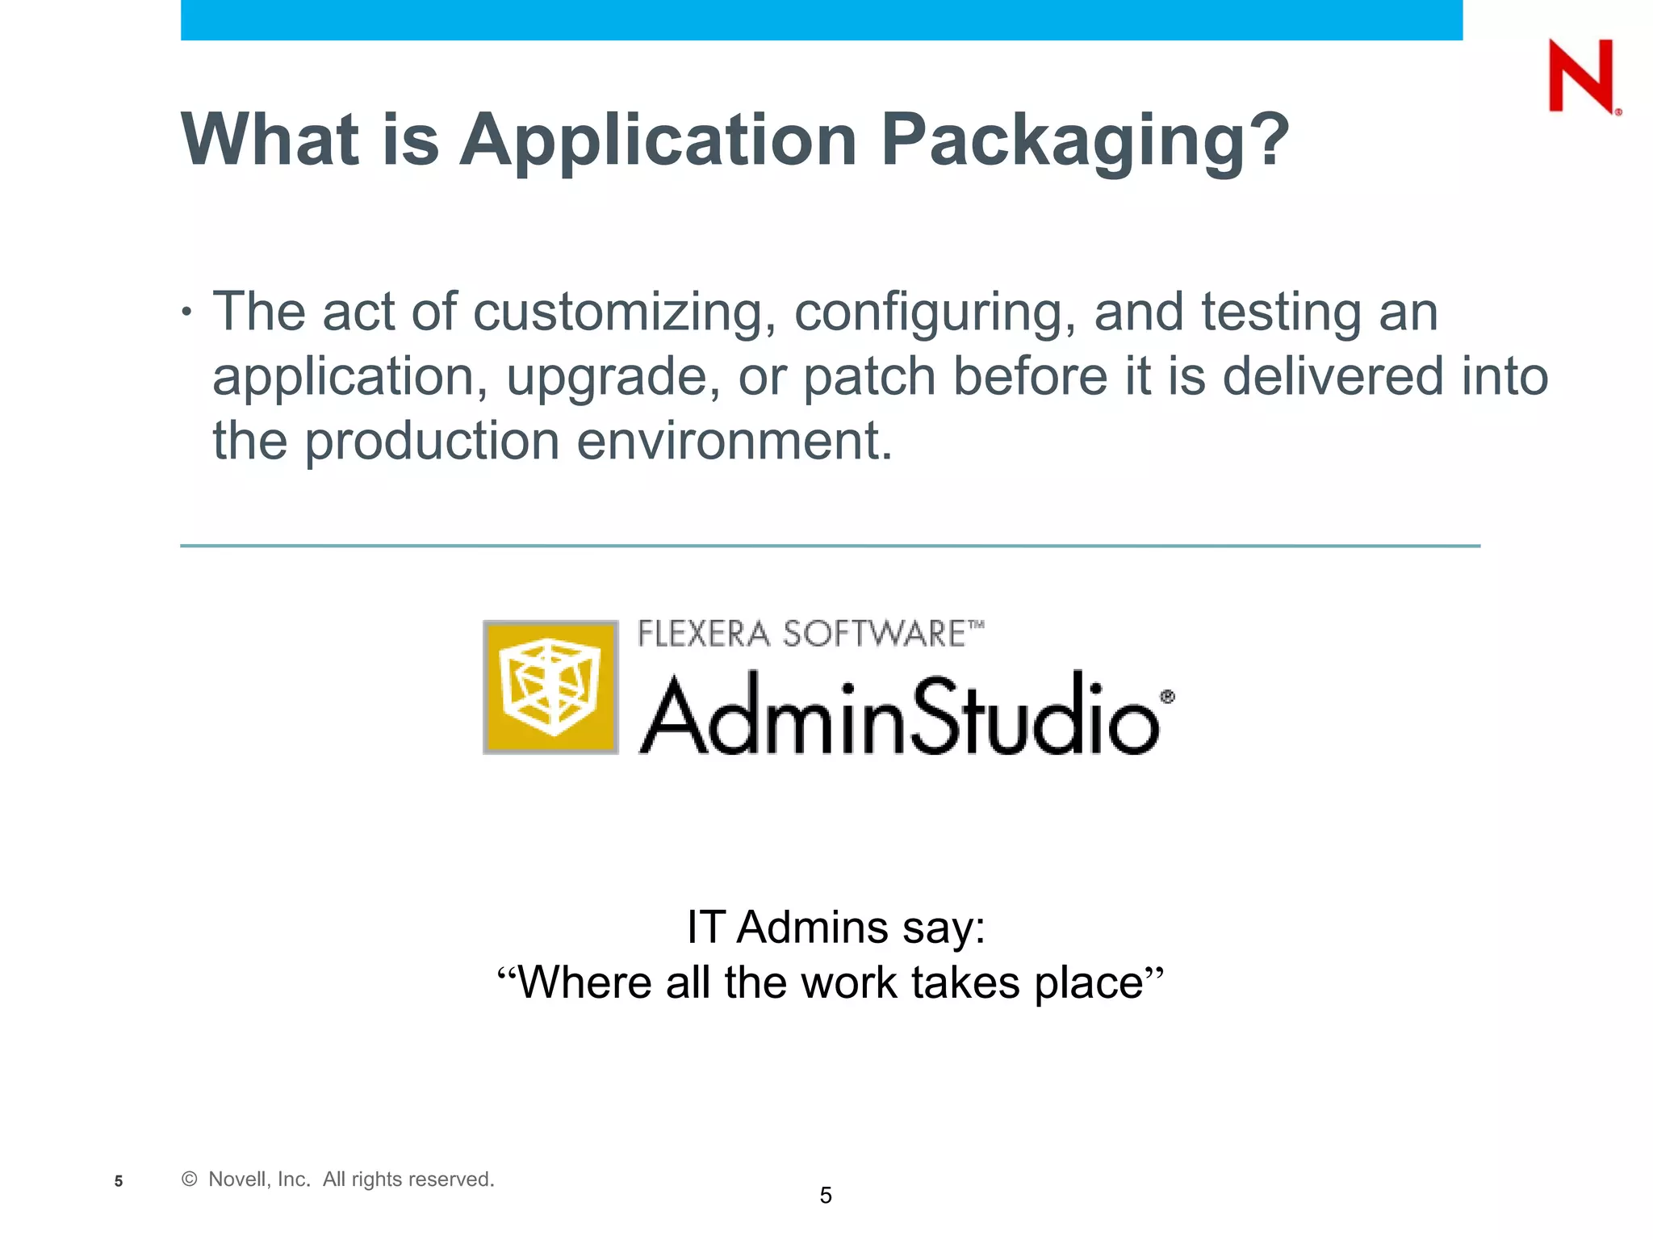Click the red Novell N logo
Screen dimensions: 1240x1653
pyautogui.click(x=1582, y=77)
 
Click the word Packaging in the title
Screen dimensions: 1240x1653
pyautogui.click(x=1086, y=141)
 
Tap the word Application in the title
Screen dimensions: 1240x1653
pyautogui.click(x=658, y=141)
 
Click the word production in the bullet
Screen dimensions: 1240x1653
pyautogui.click(x=432, y=442)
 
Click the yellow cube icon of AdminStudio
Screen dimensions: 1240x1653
pyautogui.click(x=550, y=687)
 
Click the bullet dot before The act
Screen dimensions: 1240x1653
pyautogui.click(x=187, y=312)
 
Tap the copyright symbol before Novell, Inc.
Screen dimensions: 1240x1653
pyautogui.click(x=190, y=1179)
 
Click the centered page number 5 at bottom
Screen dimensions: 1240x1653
pyautogui.click(x=826, y=1196)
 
